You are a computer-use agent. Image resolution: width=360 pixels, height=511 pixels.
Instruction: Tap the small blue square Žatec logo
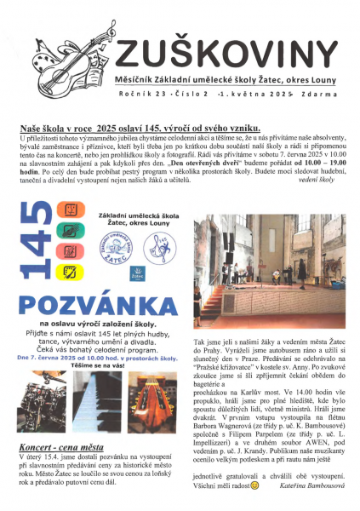pyautogui.click(x=135, y=273)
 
